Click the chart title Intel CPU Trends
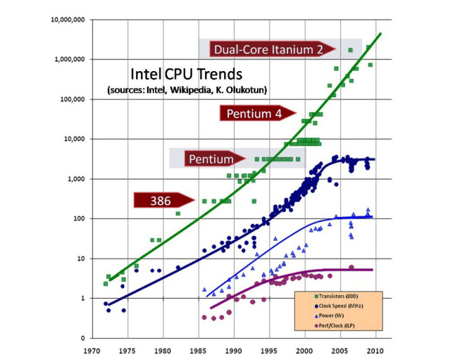[x=186, y=74]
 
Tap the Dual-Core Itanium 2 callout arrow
[x=273, y=49]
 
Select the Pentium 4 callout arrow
[x=258, y=113]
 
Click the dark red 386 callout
[x=164, y=201]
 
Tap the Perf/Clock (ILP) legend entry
[x=335, y=325]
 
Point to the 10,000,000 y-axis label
[x=68, y=20]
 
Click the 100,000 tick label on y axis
[x=73, y=99]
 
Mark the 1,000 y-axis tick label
[x=76, y=179]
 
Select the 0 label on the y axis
[x=83, y=338]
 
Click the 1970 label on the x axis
[x=92, y=351]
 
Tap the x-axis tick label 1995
[x=269, y=351]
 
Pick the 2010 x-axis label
[x=375, y=351]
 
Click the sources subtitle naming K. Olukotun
[x=187, y=89]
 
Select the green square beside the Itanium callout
[x=350, y=50]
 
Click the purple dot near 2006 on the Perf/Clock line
[x=351, y=268]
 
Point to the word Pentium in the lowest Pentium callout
[x=211, y=159]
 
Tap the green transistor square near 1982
[x=178, y=213]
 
